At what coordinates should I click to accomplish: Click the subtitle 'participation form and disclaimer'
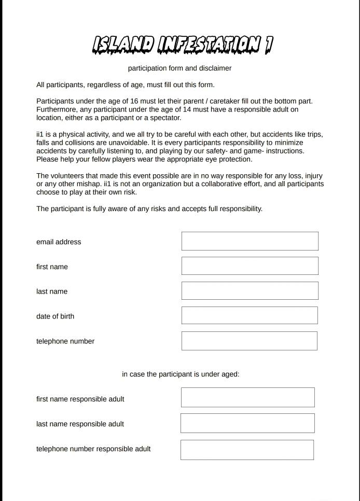click(179, 68)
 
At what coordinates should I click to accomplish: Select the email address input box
click(250, 241)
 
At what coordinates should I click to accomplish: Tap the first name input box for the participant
click(250, 266)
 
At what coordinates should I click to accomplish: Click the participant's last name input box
click(250, 291)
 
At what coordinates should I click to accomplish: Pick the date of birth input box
click(250, 315)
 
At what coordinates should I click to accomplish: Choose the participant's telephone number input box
click(249, 341)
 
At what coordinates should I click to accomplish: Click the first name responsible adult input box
click(247, 397)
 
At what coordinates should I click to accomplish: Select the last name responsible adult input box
click(247, 423)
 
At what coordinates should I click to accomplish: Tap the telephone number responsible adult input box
click(247, 450)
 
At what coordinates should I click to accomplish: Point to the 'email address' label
click(59, 242)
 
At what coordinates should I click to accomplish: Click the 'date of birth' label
click(55, 316)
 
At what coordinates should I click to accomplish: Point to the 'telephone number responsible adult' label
click(93, 449)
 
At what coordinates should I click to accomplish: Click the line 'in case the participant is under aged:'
click(181, 374)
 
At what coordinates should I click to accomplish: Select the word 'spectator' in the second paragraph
click(164, 118)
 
